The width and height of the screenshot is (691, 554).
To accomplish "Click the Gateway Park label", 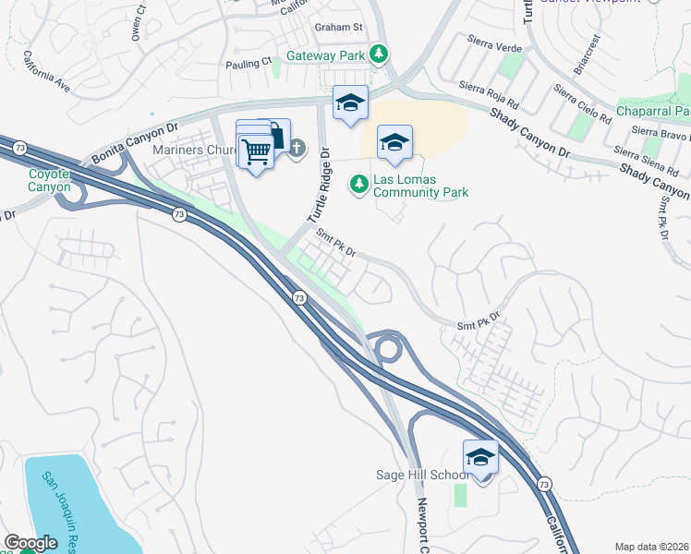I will pos(326,55).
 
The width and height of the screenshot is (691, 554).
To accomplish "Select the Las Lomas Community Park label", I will pos(420,186).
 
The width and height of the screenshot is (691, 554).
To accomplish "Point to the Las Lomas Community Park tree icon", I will pos(359,185).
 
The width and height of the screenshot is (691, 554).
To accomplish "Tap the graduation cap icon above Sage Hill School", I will pos(480,457).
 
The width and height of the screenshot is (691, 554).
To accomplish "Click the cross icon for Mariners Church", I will pos(297,148).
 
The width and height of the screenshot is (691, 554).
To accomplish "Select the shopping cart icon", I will pos(257,151).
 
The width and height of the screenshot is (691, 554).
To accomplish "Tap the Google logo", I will pos(30,544).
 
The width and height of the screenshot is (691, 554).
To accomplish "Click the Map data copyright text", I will pos(650,547).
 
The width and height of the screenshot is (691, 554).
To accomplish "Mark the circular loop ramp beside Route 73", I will pos(387,349).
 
